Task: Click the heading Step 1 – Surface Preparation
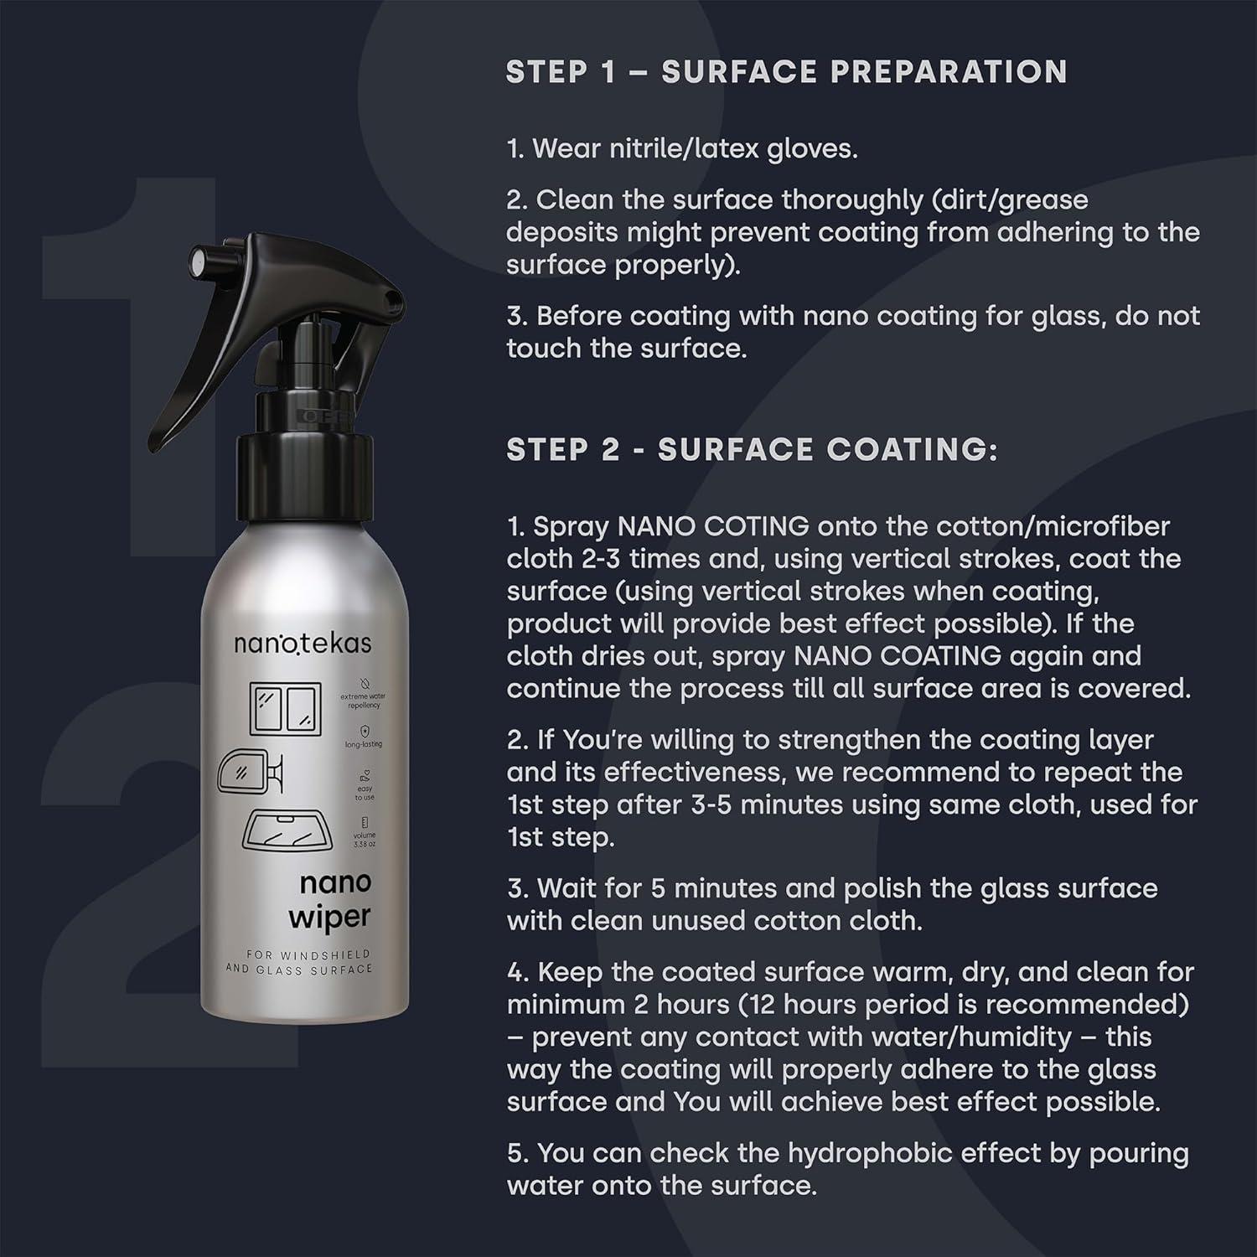tap(786, 72)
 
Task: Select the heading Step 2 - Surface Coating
tap(752, 450)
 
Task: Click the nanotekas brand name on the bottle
tap(303, 644)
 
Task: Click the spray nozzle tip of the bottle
tap(199, 261)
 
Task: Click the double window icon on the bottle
tap(286, 708)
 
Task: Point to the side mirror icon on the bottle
tap(249, 773)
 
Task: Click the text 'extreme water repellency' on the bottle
tap(364, 701)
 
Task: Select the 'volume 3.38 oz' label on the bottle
tap(365, 839)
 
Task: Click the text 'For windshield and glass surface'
tap(298, 962)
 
